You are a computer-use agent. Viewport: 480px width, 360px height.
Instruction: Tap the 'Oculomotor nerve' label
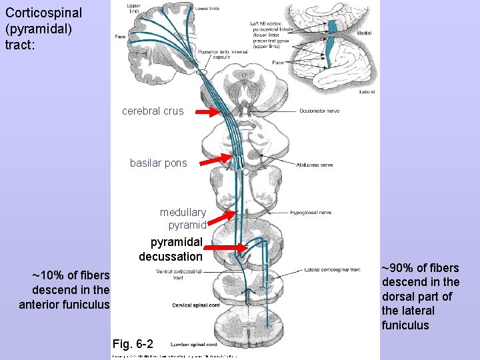point(320,111)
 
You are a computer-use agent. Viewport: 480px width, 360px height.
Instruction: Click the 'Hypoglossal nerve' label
point(311,213)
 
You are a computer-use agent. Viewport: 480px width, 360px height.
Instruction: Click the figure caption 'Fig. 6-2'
point(133,344)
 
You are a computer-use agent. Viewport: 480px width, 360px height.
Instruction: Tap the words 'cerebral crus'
point(153,111)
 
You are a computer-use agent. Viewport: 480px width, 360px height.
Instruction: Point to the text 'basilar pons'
point(159,163)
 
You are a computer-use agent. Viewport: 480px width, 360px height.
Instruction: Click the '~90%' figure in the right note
point(396,268)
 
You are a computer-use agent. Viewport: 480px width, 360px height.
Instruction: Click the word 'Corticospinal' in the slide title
point(43,13)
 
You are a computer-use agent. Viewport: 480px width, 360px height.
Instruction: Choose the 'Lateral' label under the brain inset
point(367,91)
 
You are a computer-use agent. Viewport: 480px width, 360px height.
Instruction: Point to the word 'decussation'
point(170,256)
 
